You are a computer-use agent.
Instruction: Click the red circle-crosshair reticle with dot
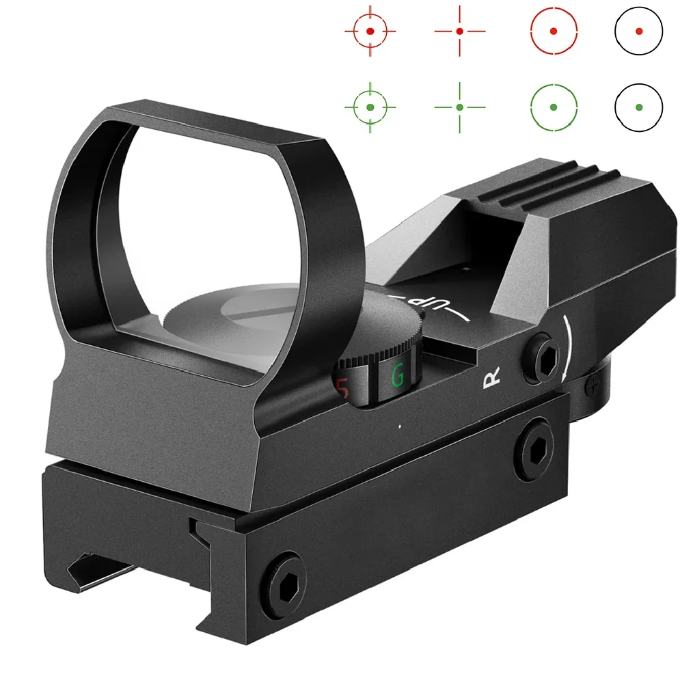pyautogui.click(x=370, y=31)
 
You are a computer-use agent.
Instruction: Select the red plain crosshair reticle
pyautogui.click(x=460, y=31)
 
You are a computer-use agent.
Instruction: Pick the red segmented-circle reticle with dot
pyautogui.click(x=554, y=31)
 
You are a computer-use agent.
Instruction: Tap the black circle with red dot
pyautogui.click(x=638, y=31)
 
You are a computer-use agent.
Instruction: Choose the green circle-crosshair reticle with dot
pyautogui.click(x=370, y=107)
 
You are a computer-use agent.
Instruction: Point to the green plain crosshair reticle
pyautogui.click(x=460, y=107)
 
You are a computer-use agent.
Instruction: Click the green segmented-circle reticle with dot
pyautogui.click(x=554, y=107)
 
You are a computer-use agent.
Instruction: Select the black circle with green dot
pyautogui.click(x=638, y=107)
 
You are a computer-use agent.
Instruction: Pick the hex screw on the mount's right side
pyautogui.click(x=534, y=448)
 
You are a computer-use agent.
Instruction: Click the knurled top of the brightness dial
pyautogui.click(x=383, y=328)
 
